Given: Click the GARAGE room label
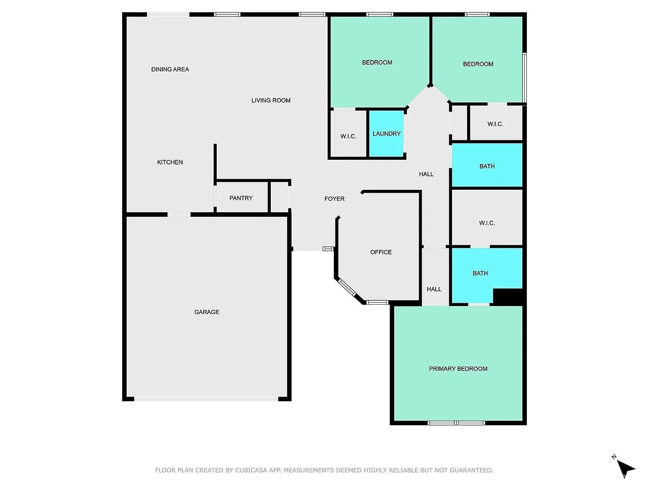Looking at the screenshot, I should (x=207, y=312).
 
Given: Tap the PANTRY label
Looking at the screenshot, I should (x=241, y=198).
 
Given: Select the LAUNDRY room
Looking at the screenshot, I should (x=386, y=134).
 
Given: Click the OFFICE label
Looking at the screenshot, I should (x=381, y=252).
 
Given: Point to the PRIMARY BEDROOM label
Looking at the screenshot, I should (x=458, y=369).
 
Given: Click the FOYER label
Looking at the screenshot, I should (x=334, y=199).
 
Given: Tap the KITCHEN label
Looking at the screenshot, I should (x=170, y=162).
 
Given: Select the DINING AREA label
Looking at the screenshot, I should (x=170, y=69).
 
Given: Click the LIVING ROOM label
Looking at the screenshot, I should (x=271, y=100).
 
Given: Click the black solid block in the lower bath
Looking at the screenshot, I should (x=508, y=296).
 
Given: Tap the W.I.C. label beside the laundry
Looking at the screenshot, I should (x=348, y=136).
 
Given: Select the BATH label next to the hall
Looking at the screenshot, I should (x=487, y=166).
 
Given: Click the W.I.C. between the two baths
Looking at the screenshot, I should (x=487, y=223).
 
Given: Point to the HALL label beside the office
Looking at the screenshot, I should (x=434, y=289).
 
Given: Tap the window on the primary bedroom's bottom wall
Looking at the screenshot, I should (x=456, y=423).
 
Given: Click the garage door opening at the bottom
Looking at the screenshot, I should (x=206, y=399).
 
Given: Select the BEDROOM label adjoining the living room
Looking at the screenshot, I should (x=377, y=63).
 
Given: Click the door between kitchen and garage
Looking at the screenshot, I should (x=179, y=215).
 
